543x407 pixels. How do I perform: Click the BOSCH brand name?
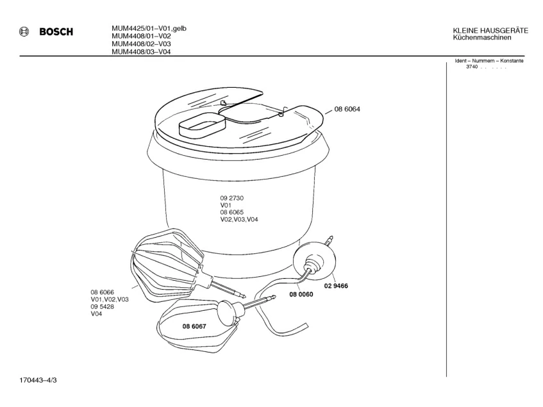pyautogui.click(x=56, y=32)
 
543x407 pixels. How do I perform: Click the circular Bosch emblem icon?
pyautogui.click(x=24, y=32)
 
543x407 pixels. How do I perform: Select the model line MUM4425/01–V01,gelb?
pyautogui.click(x=149, y=28)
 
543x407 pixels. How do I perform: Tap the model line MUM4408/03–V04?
pyautogui.click(x=141, y=52)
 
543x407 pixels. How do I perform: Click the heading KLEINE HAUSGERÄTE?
pyautogui.click(x=490, y=31)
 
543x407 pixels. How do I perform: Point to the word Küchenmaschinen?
pyautogui.click(x=482, y=37)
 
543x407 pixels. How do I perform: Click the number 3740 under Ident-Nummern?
pyautogui.click(x=472, y=67)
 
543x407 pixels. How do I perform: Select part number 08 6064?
pyautogui.click(x=347, y=109)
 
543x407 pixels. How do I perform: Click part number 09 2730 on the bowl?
pyautogui.click(x=231, y=198)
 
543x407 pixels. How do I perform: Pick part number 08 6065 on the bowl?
pyautogui.click(x=231, y=212)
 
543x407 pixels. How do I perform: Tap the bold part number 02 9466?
pyautogui.click(x=336, y=286)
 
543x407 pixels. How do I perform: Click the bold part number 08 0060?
pyautogui.click(x=301, y=294)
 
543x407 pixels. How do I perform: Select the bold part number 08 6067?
pyautogui.click(x=194, y=326)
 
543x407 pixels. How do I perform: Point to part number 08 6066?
pyautogui.click(x=102, y=292)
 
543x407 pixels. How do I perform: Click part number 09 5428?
pyautogui.click(x=102, y=306)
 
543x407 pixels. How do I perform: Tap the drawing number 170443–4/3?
pyautogui.click(x=38, y=380)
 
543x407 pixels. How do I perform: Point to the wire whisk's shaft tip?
pyautogui.click(x=244, y=296)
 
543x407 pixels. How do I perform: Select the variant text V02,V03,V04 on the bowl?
pyautogui.click(x=239, y=219)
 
